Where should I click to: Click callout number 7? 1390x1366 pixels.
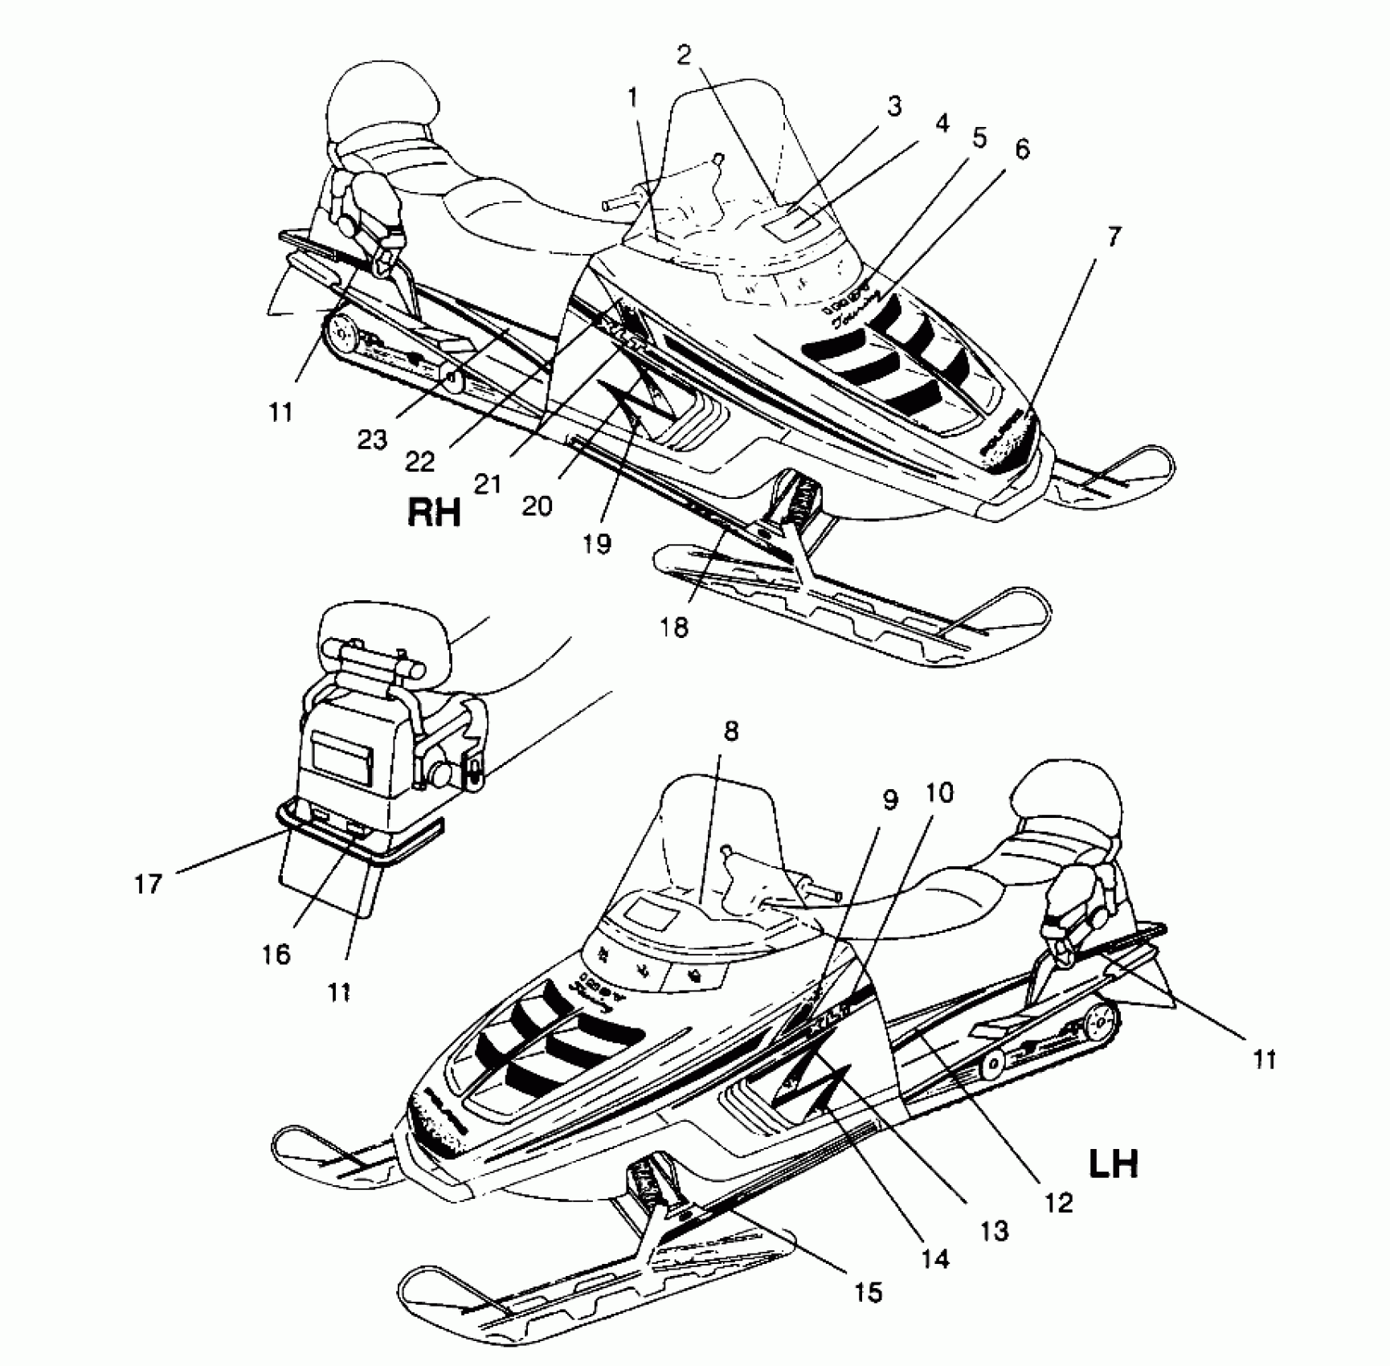pos(1113,238)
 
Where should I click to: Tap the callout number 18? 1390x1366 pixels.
pos(675,627)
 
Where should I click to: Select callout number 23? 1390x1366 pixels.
pos(372,440)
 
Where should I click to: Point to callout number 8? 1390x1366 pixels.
pos(730,731)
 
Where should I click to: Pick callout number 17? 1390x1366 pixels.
pos(149,884)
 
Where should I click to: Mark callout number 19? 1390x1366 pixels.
pos(598,544)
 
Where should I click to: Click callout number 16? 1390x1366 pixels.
pos(275,954)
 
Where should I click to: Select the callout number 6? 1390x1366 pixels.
pos(1021,149)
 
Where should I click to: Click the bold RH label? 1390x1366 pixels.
pos(435,512)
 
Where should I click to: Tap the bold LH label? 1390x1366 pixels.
pos(1113,1163)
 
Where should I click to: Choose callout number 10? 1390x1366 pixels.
pos(939,793)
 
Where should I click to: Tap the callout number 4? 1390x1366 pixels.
pos(942,123)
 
